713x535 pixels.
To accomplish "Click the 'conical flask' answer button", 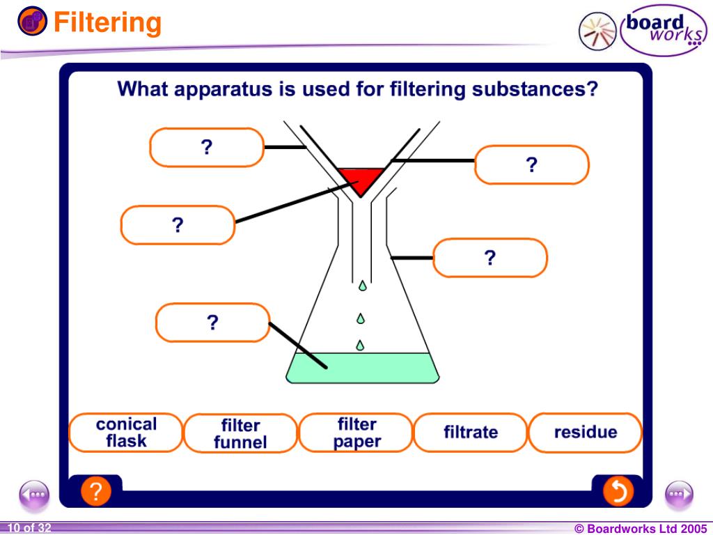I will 126,433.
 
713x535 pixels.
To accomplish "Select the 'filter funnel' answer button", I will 240,433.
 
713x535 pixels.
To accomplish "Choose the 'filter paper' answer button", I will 356,433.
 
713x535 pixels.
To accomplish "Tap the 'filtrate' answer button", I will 471,433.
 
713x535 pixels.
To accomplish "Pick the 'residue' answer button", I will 585,433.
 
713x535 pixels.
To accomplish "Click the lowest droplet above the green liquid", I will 361,345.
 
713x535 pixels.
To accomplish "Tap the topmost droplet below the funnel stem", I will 362,286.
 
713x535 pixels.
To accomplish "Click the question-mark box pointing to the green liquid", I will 212,323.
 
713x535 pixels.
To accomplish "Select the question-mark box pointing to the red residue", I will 178,225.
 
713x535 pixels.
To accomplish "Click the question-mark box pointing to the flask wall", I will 490,258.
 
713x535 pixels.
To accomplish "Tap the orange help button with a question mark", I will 96,492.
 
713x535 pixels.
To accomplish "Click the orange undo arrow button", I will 618,492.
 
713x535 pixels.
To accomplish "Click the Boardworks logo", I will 641,31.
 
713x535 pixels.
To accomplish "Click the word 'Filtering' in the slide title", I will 108,23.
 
